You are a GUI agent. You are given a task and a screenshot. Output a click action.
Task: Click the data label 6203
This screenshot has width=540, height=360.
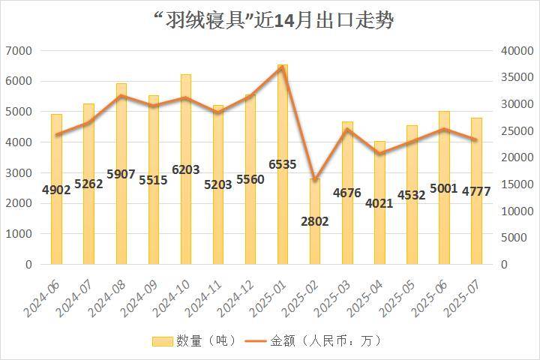coord(185,170)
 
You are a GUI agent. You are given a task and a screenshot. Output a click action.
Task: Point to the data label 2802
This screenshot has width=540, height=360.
coord(315,221)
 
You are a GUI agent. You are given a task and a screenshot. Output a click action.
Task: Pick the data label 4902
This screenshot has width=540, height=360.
coord(56,190)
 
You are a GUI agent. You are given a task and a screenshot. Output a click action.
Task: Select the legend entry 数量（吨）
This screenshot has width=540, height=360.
coord(195,341)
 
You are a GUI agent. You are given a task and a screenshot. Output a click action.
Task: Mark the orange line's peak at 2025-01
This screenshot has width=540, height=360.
coord(283,67)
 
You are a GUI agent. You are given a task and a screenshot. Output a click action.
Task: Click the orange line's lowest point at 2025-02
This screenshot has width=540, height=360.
coord(315,180)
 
